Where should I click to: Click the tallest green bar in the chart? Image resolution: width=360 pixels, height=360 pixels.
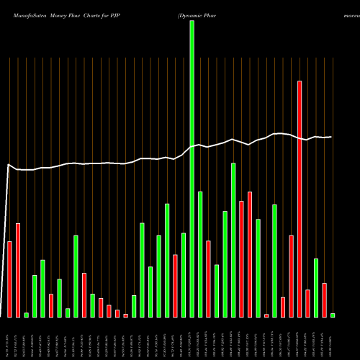(x=192, y=169)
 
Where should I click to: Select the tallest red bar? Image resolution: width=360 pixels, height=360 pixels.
(x=300, y=199)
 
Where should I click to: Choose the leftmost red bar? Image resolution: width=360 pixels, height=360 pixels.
(x=9, y=279)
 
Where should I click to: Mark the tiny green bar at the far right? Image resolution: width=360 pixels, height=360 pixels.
(x=333, y=315)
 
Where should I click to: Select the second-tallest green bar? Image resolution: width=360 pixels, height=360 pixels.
(x=233, y=240)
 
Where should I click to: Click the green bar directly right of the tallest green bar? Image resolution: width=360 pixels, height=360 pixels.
(x=200, y=255)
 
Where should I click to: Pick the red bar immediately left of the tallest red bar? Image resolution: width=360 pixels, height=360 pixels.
(x=291, y=276)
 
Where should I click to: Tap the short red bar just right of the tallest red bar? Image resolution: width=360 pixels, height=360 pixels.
(x=307, y=303)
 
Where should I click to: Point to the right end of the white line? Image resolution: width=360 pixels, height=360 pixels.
(x=330, y=137)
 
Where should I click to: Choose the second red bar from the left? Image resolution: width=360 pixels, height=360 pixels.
(x=18, y=270)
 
